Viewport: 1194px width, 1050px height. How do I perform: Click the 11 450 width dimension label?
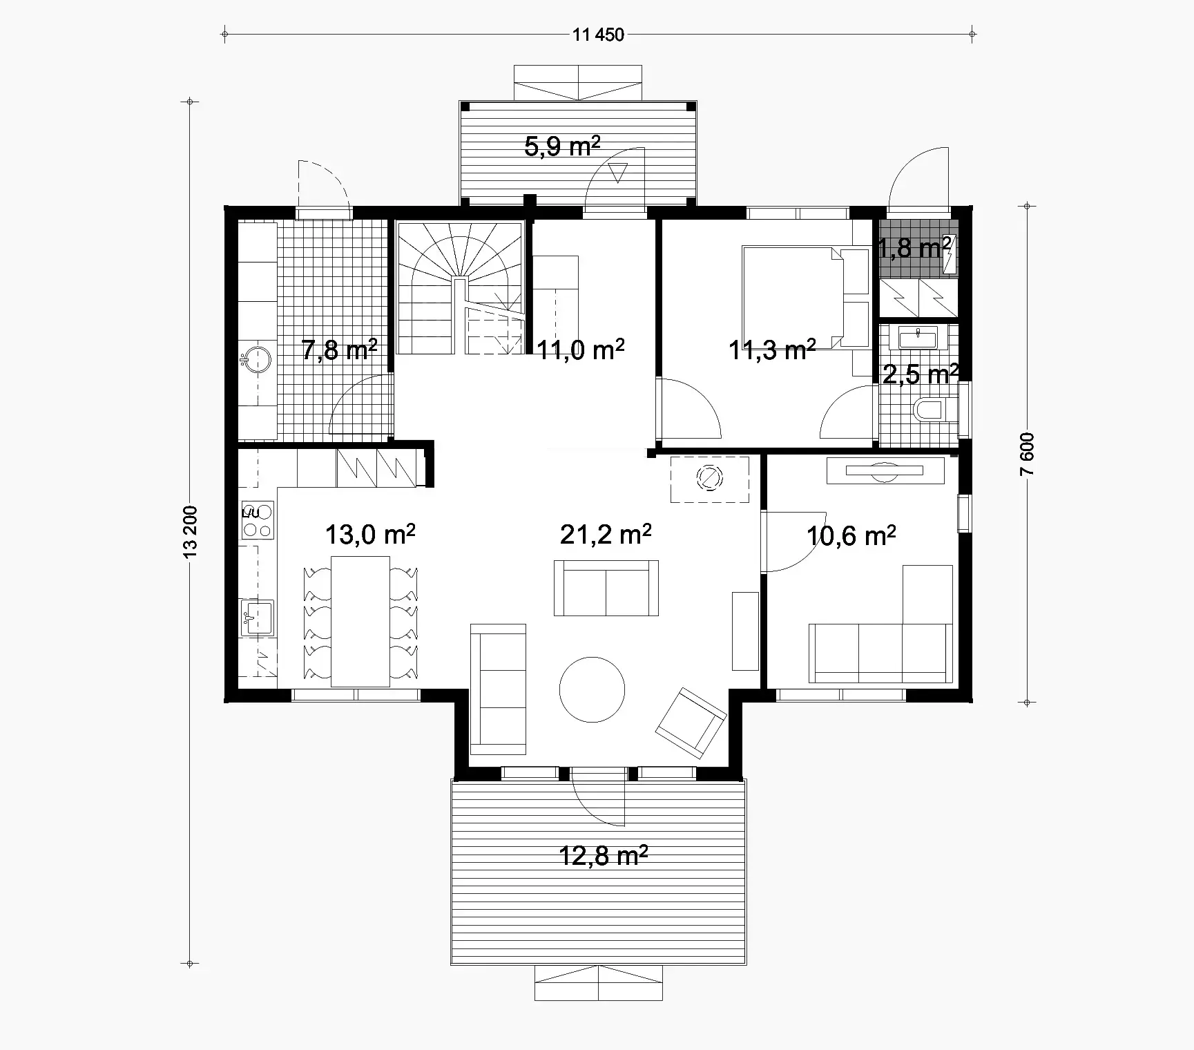(598, 35)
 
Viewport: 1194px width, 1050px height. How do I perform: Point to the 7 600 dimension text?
(1027, 454)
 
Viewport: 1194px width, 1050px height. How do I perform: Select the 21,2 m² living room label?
(606, 534)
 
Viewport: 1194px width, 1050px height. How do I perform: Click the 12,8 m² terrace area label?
(603, 856)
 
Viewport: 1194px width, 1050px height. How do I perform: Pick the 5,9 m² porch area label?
(562, 146)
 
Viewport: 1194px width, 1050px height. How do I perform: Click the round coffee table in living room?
(592, 689)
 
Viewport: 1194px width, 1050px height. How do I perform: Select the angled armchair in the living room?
(691, 723)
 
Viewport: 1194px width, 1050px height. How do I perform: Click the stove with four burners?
(257, 521)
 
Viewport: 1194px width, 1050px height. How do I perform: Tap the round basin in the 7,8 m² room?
(258, 359)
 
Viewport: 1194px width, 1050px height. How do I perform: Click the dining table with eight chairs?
(360, 620)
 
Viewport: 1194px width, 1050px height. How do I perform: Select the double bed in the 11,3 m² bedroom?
(794, 297)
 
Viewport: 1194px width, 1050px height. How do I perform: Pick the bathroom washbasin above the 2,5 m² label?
(918, 339)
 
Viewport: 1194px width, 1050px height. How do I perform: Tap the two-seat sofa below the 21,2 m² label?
(606, 588)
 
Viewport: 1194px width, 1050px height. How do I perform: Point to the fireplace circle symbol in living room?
(709, 478)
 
